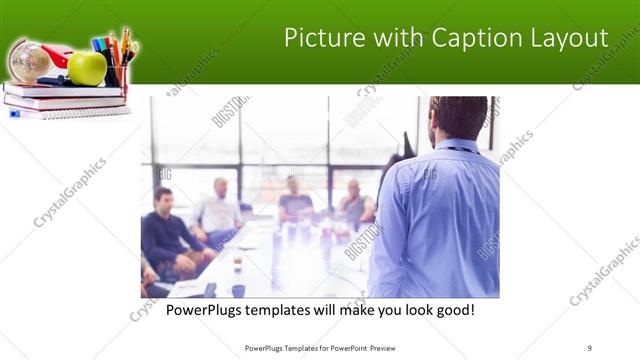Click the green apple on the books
(x=87, y=68)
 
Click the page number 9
(x=590, y=347)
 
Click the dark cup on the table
(x=237, y=291)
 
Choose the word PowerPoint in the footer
(x=344, y=347)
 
